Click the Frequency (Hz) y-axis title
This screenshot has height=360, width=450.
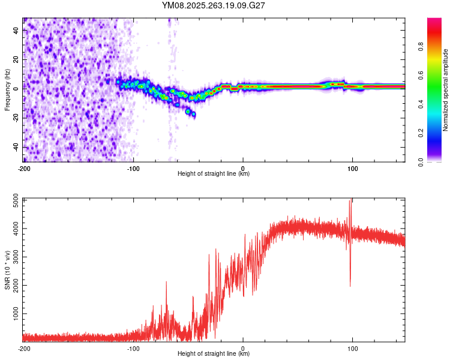coord(7,90)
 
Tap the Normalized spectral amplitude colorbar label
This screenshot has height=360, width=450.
coord(445,90)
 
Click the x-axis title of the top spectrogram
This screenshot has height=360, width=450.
coord(214,174)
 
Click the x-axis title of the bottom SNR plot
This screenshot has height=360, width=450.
coord(214,354)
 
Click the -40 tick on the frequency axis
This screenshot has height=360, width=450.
coord(16,147)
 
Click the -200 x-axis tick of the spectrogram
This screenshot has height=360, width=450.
coord(24,168)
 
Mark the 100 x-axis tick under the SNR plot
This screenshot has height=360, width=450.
coord(352,348)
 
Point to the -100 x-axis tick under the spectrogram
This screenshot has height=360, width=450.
coord(133,168)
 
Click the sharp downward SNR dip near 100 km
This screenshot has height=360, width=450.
coord(350,284)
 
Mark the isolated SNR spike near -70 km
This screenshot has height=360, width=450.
coord(167,283)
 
